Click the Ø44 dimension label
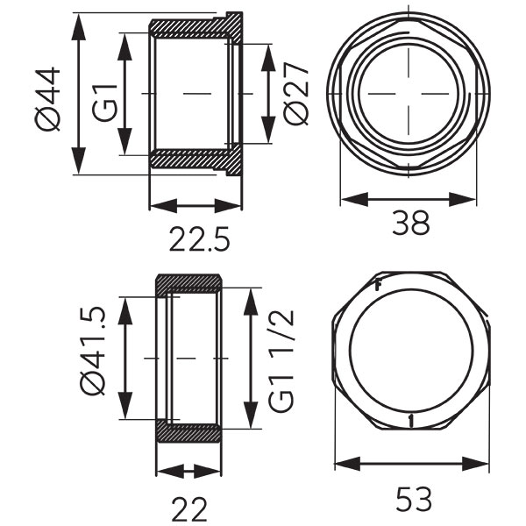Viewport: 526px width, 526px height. pos(47,99)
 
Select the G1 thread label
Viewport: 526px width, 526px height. pos(105,103)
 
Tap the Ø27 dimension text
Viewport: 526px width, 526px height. pos(295,94)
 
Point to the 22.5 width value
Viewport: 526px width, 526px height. pos(200,239)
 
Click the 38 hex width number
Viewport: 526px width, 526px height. pos(410,223)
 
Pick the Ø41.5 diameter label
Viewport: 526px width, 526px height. pos(93,352)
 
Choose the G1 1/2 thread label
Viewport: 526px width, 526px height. pos(281,361)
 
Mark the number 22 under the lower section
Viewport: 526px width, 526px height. pos(189,509)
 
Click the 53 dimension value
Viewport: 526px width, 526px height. pos(413,499)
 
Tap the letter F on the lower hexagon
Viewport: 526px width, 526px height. pos(378,286)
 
